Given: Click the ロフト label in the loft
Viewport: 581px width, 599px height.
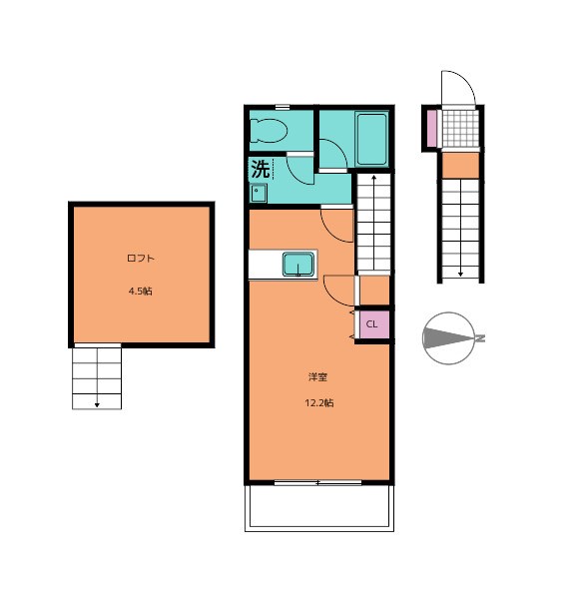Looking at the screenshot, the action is pyautogui.click(x=140, y=259).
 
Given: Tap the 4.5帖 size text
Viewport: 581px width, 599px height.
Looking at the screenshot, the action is pyautogui.click(x=140, y=292).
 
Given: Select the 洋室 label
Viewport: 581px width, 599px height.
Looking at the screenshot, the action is pyautogui.click(x=317, y=377).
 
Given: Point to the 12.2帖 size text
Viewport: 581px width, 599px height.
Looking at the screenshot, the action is pyautogui.click(x=319, y=403).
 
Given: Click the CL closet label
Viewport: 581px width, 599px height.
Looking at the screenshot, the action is pyautogui.click(x=371, y=324).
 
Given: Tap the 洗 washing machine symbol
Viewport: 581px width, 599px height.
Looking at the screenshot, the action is pyautogui.click(x=262, y=169).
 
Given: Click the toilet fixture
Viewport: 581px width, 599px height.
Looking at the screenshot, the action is pyautogui.click(x=269, y=131).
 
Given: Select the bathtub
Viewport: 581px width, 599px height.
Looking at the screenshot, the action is pyautogui.click(x=371, y=139).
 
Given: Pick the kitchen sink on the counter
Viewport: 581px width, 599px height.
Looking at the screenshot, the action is pyautogui.click(x=298, y=265).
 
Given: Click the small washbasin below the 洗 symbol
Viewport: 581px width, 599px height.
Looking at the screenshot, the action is pyautogui.click(x=259, y=194).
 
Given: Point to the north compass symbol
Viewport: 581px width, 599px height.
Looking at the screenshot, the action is pyautogui.click(x=451, y=338).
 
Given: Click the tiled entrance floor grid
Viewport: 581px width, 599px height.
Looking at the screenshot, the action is pyautogui.click(x=460, y=129).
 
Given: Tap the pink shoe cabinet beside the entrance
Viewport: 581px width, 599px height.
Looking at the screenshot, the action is pyautogui.click(x=431, y=129).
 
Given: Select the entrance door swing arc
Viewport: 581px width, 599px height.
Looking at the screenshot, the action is pyautogui.click(x=467, y=78).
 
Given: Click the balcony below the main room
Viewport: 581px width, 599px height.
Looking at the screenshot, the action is pyautogui.click(x=319, y=508).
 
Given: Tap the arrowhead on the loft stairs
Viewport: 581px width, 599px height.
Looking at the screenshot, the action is pyautogui.click(x=97, y=404).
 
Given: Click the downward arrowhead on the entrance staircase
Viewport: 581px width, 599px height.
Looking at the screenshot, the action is pyautogui.click(x=460, y=274).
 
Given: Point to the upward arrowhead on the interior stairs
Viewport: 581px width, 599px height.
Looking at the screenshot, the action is pyautogui.click(x=373, y=178).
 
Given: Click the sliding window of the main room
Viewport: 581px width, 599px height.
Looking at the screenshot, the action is pyautogui.click(x=317, y=483).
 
